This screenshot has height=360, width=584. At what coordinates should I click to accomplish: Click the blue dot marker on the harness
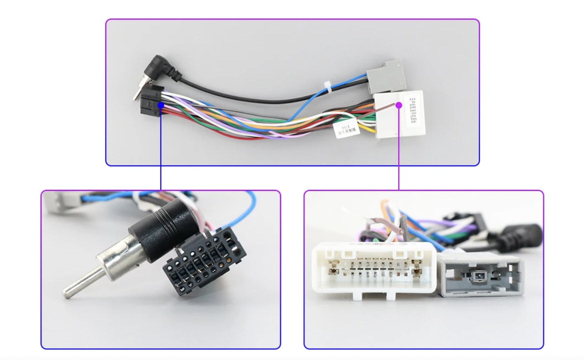161,105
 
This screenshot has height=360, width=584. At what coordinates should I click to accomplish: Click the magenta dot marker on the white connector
399,105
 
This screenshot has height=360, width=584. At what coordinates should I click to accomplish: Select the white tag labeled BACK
347,130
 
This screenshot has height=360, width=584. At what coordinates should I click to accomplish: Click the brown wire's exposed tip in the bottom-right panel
401,231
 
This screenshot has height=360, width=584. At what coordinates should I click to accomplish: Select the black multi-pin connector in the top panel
151,100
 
